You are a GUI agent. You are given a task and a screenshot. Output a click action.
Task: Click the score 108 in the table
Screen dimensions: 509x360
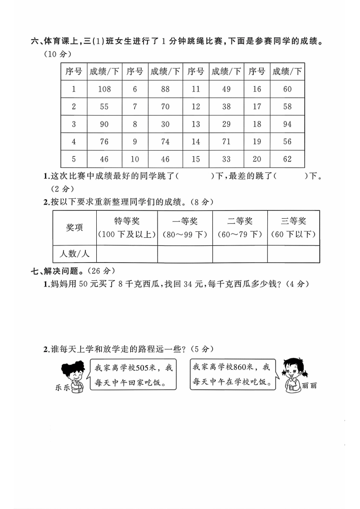tap(104, 89)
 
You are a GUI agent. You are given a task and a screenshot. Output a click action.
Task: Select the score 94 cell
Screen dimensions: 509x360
tap(287, 124)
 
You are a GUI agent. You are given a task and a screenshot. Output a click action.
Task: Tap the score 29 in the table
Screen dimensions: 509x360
tap(226, 124)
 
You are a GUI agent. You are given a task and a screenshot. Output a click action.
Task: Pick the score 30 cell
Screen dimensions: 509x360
tap(165, 124)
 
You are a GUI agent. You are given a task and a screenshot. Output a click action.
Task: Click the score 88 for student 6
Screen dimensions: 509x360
tap(165, 89)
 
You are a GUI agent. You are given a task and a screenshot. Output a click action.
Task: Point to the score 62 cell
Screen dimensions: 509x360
tap(287, 159)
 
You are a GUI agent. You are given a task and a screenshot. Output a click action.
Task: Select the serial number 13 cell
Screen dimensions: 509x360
tap(196, 124)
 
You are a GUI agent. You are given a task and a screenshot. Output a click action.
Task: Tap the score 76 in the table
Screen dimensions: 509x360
tap(104, 142)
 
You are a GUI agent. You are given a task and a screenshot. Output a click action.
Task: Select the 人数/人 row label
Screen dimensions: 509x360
tap(74, 254)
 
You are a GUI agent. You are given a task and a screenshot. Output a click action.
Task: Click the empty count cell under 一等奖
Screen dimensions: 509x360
tap(185, 254)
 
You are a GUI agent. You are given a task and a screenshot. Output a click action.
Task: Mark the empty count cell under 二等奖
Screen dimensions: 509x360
tap(240, 254)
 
